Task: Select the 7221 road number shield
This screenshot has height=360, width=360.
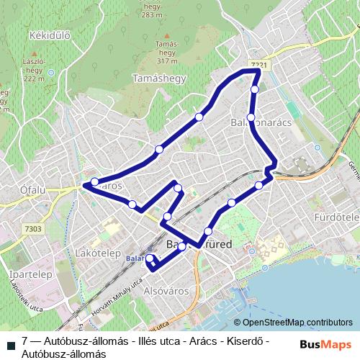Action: (x=261, y=66)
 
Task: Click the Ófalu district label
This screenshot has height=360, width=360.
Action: (x=17, y=190)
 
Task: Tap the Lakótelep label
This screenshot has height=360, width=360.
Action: (x=96, y=253)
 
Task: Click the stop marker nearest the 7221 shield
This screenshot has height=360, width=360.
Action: (x=255, y=89)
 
